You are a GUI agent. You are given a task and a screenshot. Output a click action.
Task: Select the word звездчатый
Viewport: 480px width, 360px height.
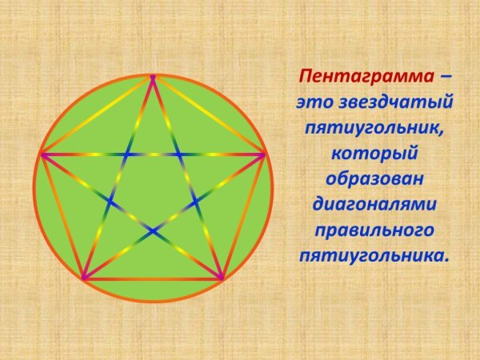[x=396, y=102]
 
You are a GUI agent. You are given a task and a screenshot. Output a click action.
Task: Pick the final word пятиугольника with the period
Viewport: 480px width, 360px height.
[x=373, y=255]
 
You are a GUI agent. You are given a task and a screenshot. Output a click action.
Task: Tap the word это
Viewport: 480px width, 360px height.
[x=314, y=103]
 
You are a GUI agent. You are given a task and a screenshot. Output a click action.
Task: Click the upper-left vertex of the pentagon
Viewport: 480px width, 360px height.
[x=41, y=153]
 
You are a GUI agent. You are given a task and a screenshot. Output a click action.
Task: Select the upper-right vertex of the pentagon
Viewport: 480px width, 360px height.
[x=264, y=153]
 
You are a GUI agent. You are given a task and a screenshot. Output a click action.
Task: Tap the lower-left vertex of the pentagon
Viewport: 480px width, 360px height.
[x=83, y=278]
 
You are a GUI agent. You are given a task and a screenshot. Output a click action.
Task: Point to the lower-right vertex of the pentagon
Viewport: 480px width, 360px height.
[x=222, y=278]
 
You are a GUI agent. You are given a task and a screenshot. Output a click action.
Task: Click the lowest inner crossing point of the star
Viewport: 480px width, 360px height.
[x=152, y=230]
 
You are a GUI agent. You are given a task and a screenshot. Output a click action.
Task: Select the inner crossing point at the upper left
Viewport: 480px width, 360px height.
[x=126, y=153]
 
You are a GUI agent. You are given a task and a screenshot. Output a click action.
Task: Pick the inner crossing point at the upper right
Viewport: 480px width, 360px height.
[x=178, y=153]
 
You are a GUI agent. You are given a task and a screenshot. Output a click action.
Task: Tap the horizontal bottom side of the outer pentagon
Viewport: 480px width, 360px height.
[x=152, y=278]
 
